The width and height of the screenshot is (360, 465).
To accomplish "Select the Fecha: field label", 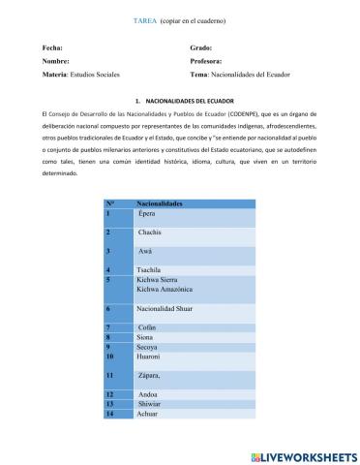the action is click(53, 47).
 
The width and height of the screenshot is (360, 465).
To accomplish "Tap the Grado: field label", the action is click(201, 47).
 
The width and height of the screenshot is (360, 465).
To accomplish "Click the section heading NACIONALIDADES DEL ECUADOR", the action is click(188, 100).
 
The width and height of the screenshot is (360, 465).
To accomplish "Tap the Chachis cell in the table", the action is click(149, 233).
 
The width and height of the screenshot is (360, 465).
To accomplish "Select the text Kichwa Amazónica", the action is click(165, 289).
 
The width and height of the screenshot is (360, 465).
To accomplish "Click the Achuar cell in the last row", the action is click(149, 414).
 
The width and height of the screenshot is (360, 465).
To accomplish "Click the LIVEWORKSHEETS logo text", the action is click(311, 454).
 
